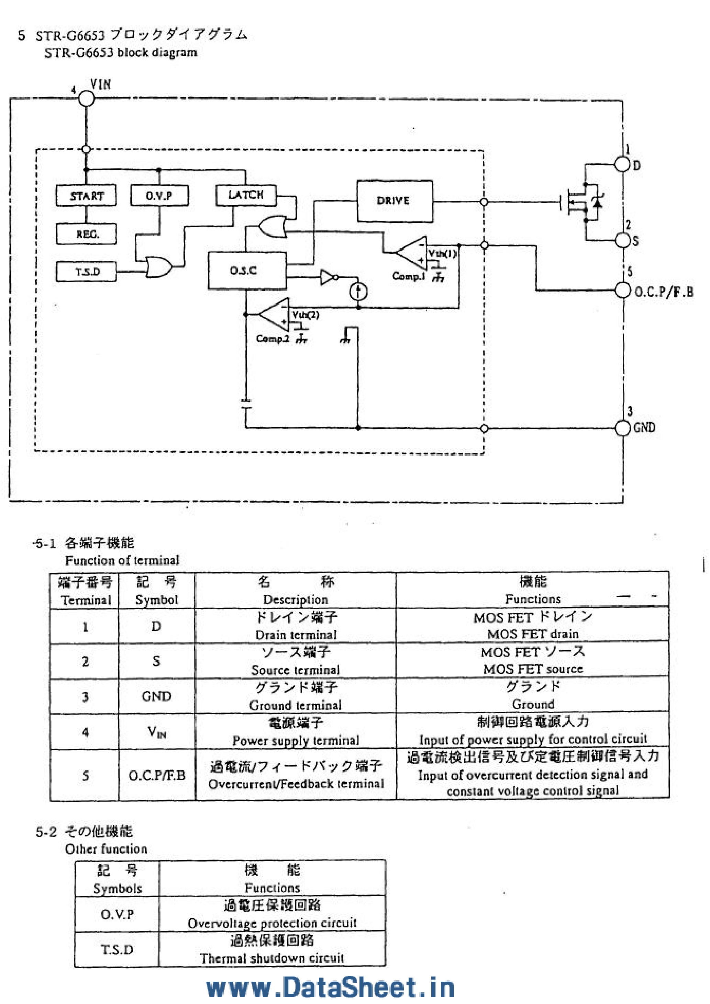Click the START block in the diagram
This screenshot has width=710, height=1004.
[86, 195]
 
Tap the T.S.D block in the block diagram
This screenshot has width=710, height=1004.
[86, 272]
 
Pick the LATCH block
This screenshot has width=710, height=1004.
[246, 195]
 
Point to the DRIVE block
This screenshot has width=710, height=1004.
[395, 201]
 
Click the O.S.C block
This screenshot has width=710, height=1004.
[247, 270]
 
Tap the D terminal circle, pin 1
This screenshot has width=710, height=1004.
[622, 164]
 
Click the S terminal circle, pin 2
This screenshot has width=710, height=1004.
[622, 240]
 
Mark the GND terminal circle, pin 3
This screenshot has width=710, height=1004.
[622, 428]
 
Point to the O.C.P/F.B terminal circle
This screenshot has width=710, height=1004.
[622, 290]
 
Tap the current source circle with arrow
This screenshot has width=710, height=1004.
[358, 292]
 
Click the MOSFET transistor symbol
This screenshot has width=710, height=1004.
[582, 202]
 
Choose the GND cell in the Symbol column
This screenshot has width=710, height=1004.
[156, 696]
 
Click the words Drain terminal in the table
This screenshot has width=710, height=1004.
[296, 635]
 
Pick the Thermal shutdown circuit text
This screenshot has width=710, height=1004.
[272, 958]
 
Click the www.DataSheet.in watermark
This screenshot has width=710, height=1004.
[331, 988]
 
